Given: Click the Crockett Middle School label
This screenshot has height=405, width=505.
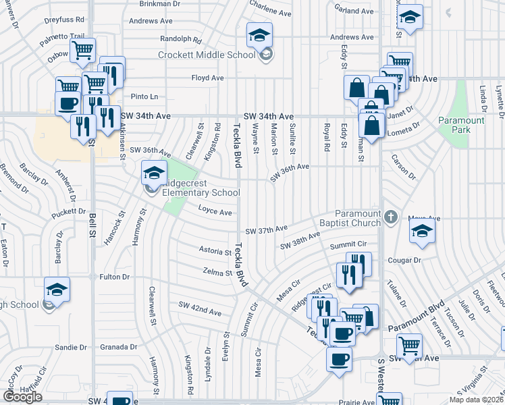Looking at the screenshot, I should point(207,55).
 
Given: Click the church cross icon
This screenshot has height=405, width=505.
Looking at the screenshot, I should point(391,217).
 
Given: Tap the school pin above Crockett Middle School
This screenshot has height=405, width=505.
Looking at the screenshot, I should point(259,36).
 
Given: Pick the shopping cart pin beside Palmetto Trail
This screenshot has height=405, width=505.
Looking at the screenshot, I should point(82,49).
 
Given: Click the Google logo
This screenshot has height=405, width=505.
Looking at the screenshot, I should point(22,396).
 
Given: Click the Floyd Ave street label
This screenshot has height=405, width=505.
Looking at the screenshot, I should point(207,78).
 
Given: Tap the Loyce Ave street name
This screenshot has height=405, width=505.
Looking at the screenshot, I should point(215,211).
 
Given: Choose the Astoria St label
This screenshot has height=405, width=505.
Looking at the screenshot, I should point(215,251).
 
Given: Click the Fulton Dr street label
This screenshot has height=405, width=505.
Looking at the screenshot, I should point(114,277).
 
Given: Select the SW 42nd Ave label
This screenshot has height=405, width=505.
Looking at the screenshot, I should point(200,313).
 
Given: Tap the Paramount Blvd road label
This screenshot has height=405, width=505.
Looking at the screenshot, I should point(416,315).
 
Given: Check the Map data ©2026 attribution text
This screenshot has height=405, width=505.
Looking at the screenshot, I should point(476,400).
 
